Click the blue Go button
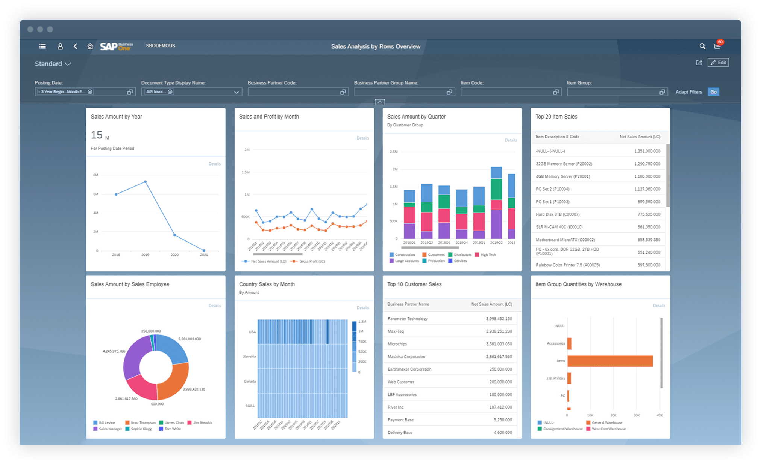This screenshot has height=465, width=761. coord(713,92)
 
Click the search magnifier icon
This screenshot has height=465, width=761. coord(702,46)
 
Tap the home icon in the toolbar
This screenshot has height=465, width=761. coord(90,46)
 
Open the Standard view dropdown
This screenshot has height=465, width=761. coord(53,64)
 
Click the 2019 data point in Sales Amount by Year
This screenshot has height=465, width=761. coord(146,182)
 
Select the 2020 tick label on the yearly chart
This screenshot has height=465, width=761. coord(174,255)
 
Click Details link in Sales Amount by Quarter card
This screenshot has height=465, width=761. coord(511,140)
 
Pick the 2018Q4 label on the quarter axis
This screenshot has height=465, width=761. coord(461,243)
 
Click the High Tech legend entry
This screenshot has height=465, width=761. coord(488,255)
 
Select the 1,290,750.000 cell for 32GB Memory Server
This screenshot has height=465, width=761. coord(647,164)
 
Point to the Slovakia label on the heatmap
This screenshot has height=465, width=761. coord(249,356)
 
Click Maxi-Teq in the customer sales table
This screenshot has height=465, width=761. coord(396,331)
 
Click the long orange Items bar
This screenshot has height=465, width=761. coord(610,361)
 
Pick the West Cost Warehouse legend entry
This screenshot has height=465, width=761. coord(608,429)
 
